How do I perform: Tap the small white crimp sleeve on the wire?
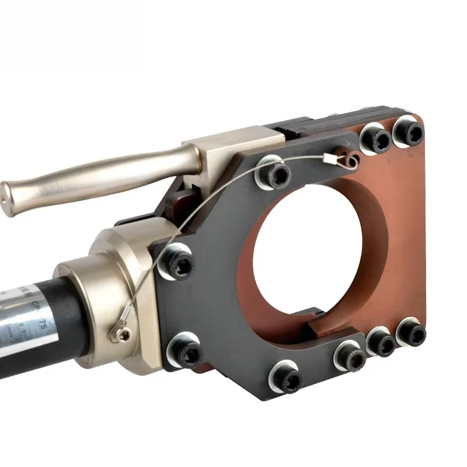327,157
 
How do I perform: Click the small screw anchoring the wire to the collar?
123,333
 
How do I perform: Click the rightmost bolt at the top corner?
407,130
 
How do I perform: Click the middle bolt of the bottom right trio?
381,342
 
